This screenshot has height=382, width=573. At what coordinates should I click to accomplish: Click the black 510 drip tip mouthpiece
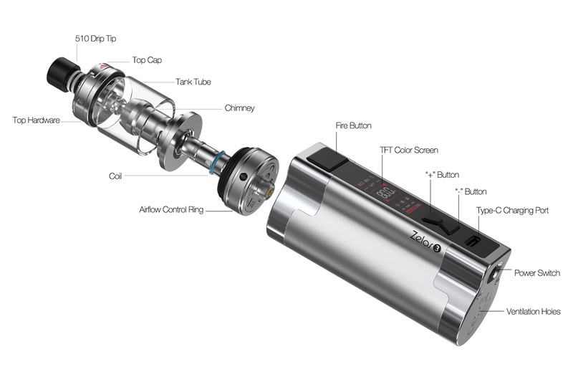62,74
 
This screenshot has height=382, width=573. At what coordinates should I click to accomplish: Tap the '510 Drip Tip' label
96,39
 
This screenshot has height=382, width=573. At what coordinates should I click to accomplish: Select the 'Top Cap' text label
147,60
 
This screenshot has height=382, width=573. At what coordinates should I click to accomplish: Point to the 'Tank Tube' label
193,82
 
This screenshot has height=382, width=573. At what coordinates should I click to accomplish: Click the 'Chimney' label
240,108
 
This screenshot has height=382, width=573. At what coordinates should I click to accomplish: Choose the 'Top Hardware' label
37,120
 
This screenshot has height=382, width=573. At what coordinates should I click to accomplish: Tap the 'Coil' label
115,176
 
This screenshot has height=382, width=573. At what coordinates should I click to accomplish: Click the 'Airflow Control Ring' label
171,209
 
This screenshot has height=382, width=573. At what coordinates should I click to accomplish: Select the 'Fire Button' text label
353,125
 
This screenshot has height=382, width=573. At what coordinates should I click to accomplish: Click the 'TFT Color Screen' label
409,150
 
